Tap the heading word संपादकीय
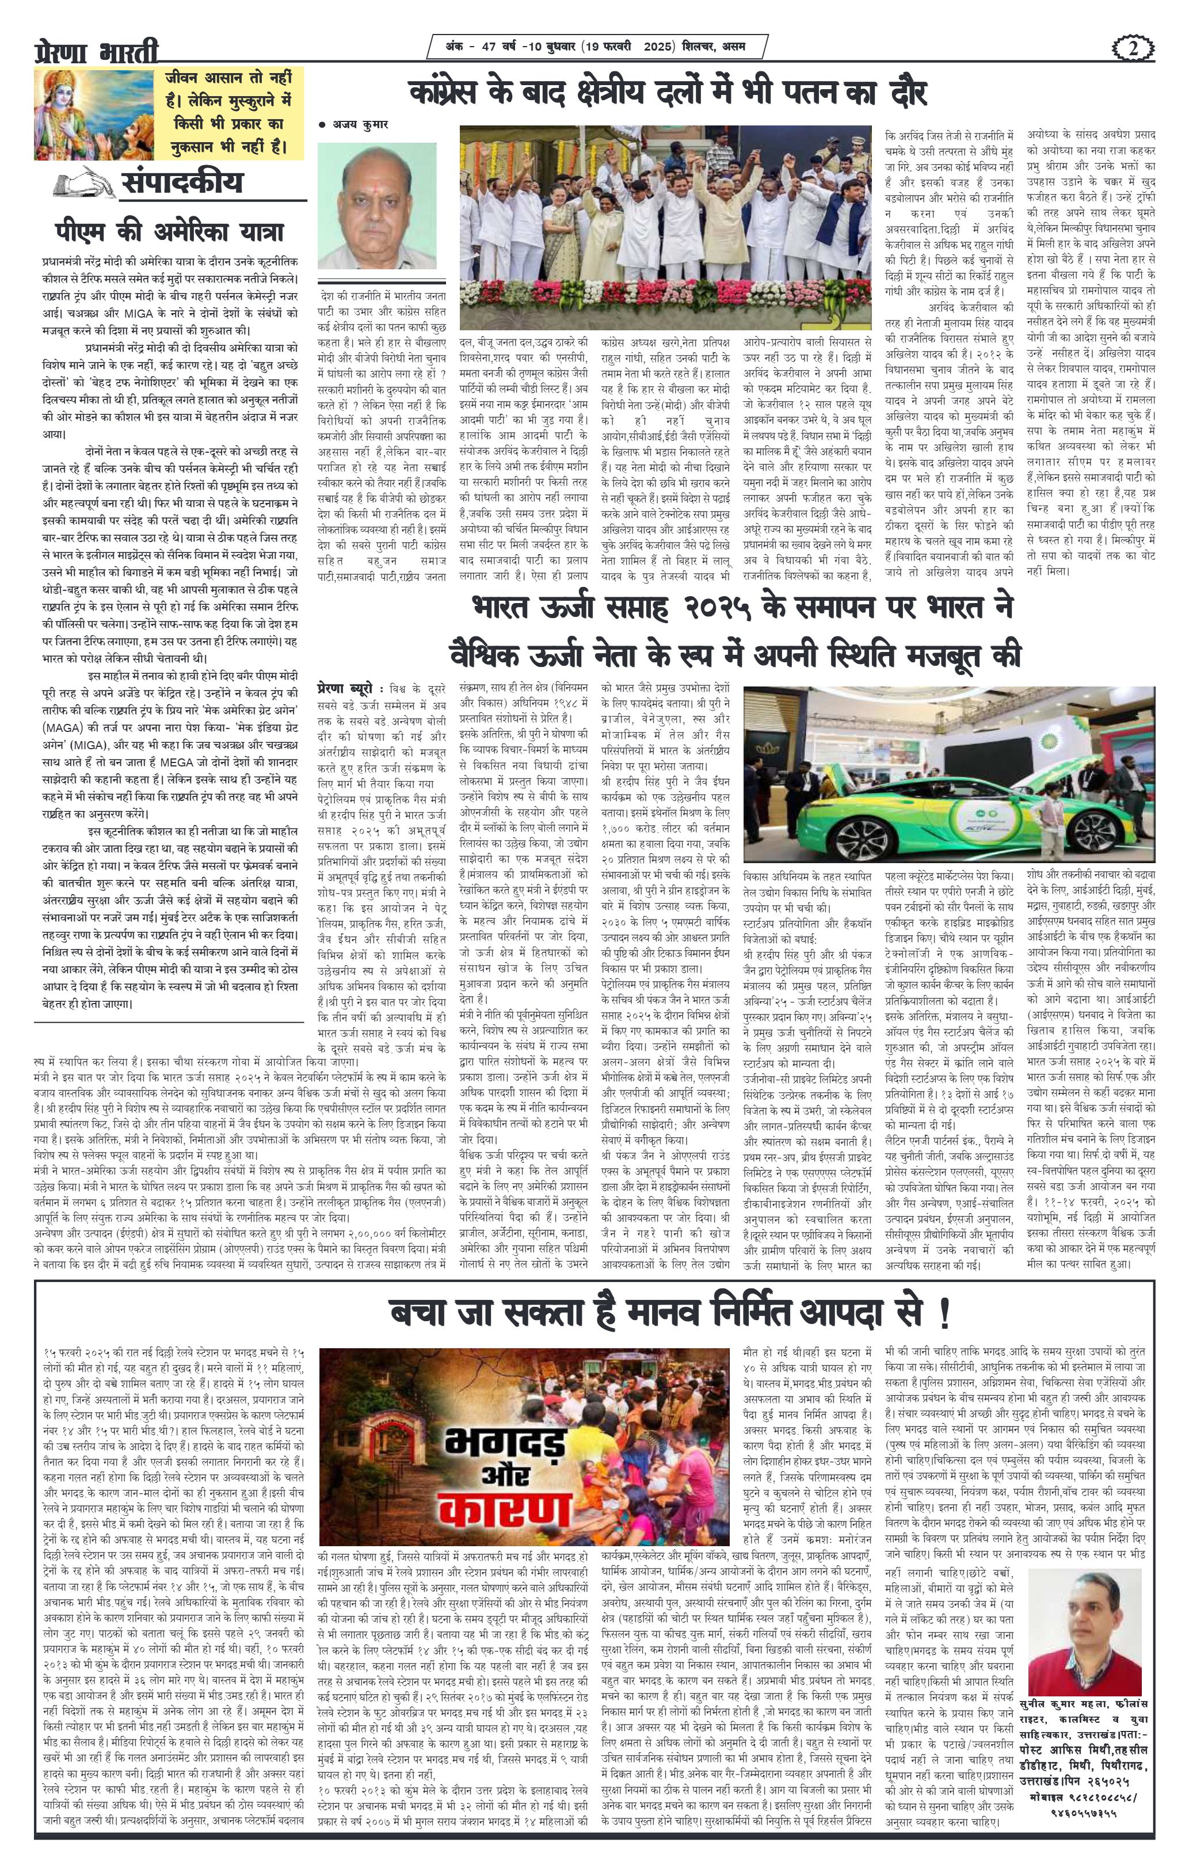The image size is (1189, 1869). coord(182,182)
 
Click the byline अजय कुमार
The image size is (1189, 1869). coord(354,124)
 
